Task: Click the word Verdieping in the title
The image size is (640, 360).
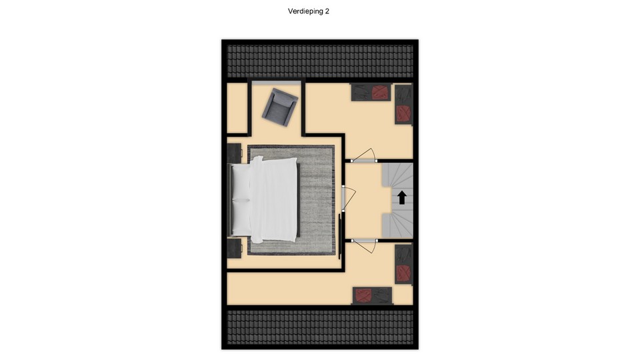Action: click(305, 11)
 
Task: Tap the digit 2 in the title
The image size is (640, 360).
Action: click(327, 11)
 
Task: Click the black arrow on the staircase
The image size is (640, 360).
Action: click(402, 197)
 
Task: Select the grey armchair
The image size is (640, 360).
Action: click(279, 107)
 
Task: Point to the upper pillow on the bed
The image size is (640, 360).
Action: click(241, 182)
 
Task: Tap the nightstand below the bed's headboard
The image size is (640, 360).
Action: click(234, 248)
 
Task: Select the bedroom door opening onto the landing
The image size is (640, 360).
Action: click(348, 199)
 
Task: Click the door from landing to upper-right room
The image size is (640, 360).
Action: click(364, 155)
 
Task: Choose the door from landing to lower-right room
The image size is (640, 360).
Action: click(364, 246)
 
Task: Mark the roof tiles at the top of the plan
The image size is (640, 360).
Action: click(320, 61)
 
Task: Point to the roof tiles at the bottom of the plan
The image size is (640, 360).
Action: click(320, 327)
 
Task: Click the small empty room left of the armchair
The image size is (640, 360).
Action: click(237, 108)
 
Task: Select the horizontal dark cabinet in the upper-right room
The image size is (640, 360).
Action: click(371, 92)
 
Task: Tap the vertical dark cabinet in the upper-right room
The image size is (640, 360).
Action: click(404, 105)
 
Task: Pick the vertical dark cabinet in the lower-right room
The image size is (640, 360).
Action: click(404, 264)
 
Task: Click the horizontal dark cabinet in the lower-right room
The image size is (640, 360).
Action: click(372, 295)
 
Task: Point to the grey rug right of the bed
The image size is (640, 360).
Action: click(316, 200)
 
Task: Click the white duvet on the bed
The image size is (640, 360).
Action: click(273, 199)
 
